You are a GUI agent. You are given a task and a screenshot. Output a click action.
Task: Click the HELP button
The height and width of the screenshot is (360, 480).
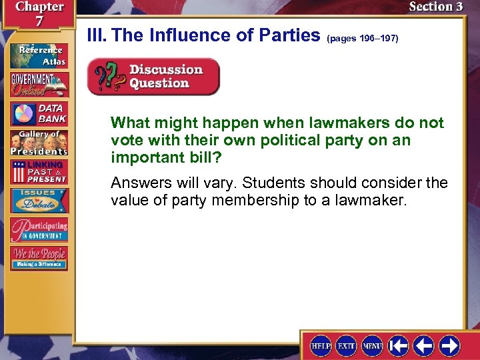pos(321,346)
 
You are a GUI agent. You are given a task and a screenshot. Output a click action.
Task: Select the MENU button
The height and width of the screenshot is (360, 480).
pos(372,346)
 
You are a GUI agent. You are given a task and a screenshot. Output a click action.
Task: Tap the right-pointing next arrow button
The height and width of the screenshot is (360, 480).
pos(449,346)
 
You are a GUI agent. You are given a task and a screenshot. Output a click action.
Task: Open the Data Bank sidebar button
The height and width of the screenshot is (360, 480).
pos(39,114)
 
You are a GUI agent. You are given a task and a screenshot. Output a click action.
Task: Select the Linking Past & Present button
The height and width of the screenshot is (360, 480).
pos(39,172)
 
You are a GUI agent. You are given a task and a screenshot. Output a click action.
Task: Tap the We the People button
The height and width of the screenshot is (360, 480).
pos(39,257)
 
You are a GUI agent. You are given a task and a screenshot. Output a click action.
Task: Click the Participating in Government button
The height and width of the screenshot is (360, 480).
pos(39,229)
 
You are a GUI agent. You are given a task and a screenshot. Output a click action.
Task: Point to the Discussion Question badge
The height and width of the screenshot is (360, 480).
pos(153,77)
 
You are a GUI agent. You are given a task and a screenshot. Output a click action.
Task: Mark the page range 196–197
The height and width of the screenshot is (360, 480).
pos(363,39)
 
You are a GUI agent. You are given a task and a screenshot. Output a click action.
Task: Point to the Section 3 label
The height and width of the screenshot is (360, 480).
pos(435,7)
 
